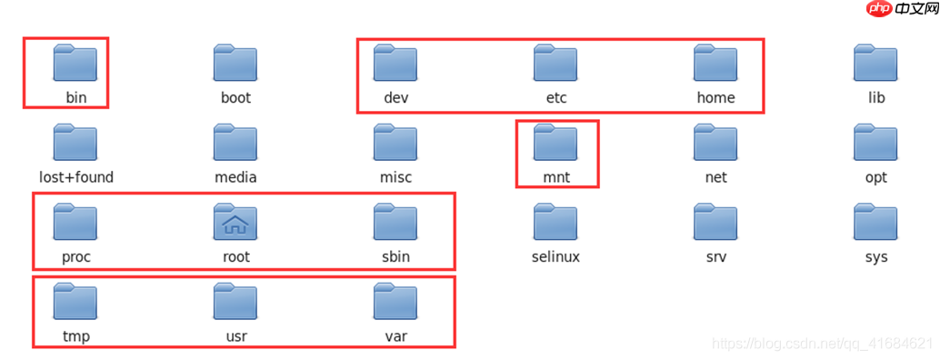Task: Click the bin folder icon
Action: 75,63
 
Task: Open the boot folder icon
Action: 235,63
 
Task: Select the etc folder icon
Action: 555,63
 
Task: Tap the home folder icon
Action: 715,63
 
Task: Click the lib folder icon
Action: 875,63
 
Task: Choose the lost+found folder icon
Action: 75,143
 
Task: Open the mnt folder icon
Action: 555,143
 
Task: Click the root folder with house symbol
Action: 235,222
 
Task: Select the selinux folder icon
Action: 555,222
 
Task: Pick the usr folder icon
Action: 235,302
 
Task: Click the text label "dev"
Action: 395,97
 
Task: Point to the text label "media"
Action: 235,177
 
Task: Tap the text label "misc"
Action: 395,177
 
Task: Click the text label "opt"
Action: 875,177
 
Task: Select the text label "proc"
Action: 75,257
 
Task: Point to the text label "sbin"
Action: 395,257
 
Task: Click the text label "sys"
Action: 875,257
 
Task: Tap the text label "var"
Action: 395,337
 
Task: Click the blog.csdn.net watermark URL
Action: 822,344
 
